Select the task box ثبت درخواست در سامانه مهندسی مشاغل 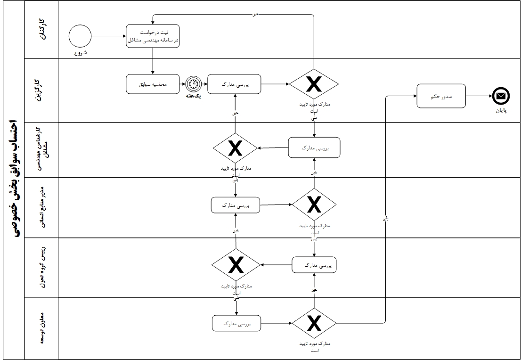pos(153,36)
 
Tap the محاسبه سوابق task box pos(153,84)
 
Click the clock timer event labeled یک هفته pos(193,84)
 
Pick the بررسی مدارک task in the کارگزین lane pos(235,84)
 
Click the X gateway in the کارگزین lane pos(314,84)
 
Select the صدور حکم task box pos(441,96)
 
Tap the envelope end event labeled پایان pos(501,96)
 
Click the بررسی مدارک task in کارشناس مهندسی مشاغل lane pos(314,147)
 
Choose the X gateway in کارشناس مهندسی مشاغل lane pos(235,148)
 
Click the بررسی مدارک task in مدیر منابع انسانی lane pos(236,205)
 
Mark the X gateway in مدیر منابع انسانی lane pos(314,205)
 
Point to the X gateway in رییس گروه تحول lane pos(236,265)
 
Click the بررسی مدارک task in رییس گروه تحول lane pos(314,265)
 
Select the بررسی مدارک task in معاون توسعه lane pos(236,323)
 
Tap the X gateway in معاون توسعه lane pos(314,324)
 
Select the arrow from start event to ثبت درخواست pos(109,36)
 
